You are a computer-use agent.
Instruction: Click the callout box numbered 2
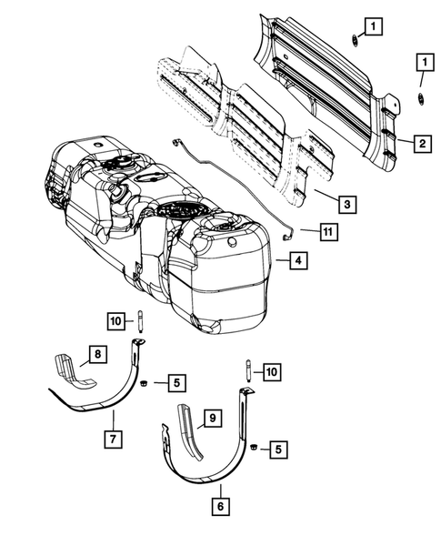422,142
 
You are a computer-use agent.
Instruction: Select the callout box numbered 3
345,204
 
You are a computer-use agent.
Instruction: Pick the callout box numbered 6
219,501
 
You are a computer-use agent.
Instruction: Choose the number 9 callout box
210,418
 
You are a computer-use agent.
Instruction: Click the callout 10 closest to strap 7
115,319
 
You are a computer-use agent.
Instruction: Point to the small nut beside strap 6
256,449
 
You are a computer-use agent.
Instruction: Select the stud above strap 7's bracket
142,320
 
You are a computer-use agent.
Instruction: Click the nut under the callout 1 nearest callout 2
420,97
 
